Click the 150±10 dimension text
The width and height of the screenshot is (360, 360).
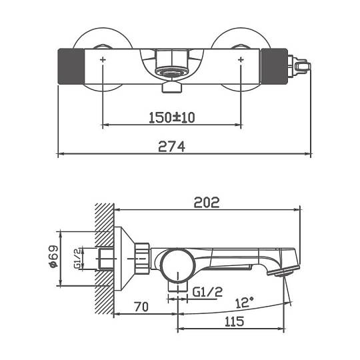click(x=172, y=117)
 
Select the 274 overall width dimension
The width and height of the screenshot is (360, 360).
click(x=171, y=147)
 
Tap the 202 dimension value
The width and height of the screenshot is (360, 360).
click(x=207, y=203)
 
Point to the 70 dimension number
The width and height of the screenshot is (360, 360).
click(x=141, y=307)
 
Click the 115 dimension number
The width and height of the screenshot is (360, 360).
click(x=234, y=321)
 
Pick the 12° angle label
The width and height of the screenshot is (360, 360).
click(x=245, y=303)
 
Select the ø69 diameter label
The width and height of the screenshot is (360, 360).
click(x=54, y=257)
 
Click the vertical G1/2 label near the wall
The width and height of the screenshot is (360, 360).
click(x=77, y=258)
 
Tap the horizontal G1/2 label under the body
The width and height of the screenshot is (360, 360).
click(x=207, y=292)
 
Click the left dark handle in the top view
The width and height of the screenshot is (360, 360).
click(x=71, y=67)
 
